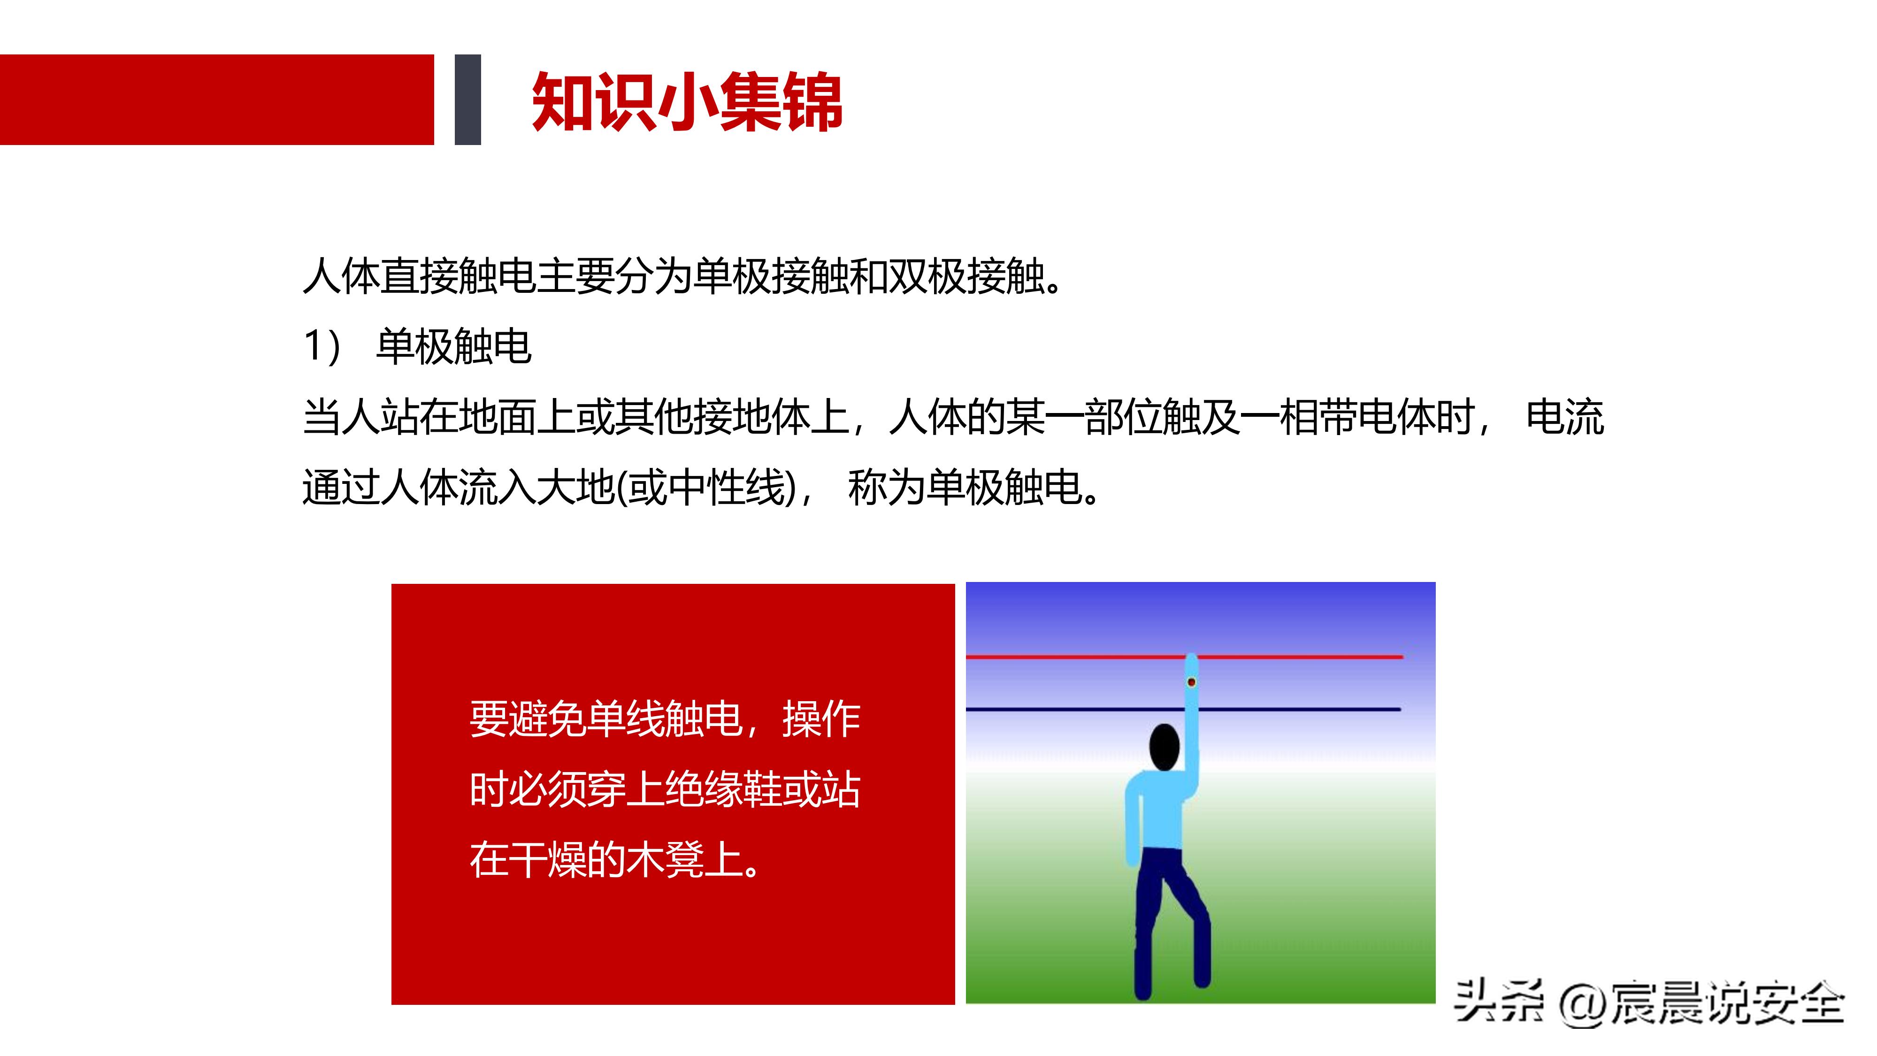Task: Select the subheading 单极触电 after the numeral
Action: tap(453, 346)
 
